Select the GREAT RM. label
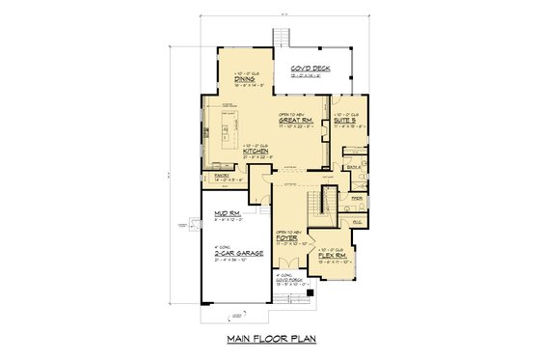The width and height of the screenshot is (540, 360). [x=294, y=121]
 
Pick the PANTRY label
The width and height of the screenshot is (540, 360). [x=215, y=176]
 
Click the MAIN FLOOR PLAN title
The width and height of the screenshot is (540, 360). [x=269, y=340]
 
